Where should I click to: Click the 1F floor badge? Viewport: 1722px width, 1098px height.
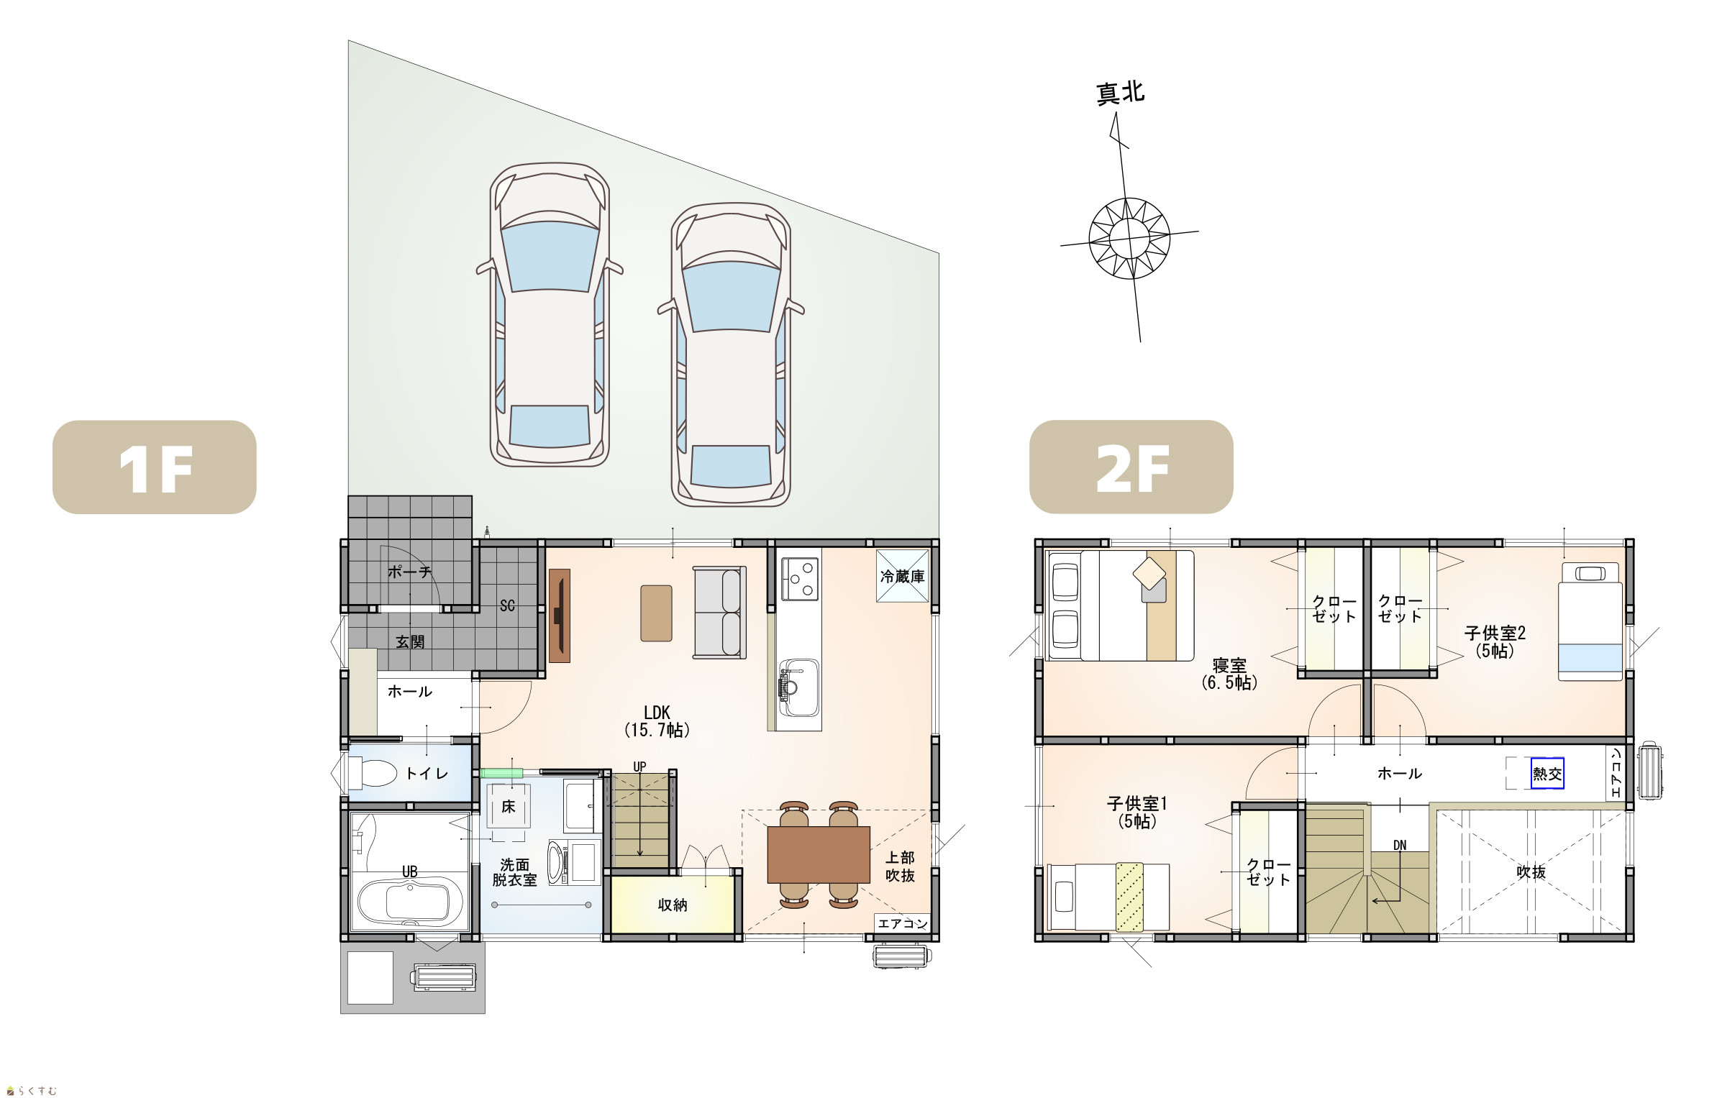click(x=155, y=467)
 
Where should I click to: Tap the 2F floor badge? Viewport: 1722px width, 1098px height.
click(x=1131, y=467)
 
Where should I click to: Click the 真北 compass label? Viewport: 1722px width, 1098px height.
click(x=1120, y=93)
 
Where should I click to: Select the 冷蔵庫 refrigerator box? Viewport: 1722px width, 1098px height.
click(x=903, y=575)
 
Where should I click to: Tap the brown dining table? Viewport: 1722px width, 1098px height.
click(x=819, y=854)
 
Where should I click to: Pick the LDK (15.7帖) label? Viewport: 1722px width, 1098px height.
click(x=657, y=721)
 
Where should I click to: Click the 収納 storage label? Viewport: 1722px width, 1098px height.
click(x=673, y=905)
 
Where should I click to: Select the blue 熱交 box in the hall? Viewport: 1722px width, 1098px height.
click(x=1547, y=774)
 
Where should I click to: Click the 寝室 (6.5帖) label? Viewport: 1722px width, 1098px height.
click(x=1229, y=674)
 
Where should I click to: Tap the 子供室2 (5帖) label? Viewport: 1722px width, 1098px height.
click(x=1495, y=641)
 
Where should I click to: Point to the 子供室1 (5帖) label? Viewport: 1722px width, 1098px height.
click(x=1137, y=812)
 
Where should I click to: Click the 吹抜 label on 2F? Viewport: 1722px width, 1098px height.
click(x=1531, y=872)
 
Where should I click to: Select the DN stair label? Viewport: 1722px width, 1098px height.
click(x=1400, y=845)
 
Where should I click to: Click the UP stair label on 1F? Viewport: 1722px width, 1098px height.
click(x=639, y=767)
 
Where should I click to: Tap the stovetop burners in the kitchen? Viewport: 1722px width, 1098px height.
click(x=801, y=579)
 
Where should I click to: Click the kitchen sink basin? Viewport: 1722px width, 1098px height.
click(x=799, y=688)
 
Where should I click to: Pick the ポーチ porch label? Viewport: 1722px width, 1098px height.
click(x=409, y=572)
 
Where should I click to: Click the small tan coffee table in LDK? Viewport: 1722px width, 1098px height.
click(x=656, y=613)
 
